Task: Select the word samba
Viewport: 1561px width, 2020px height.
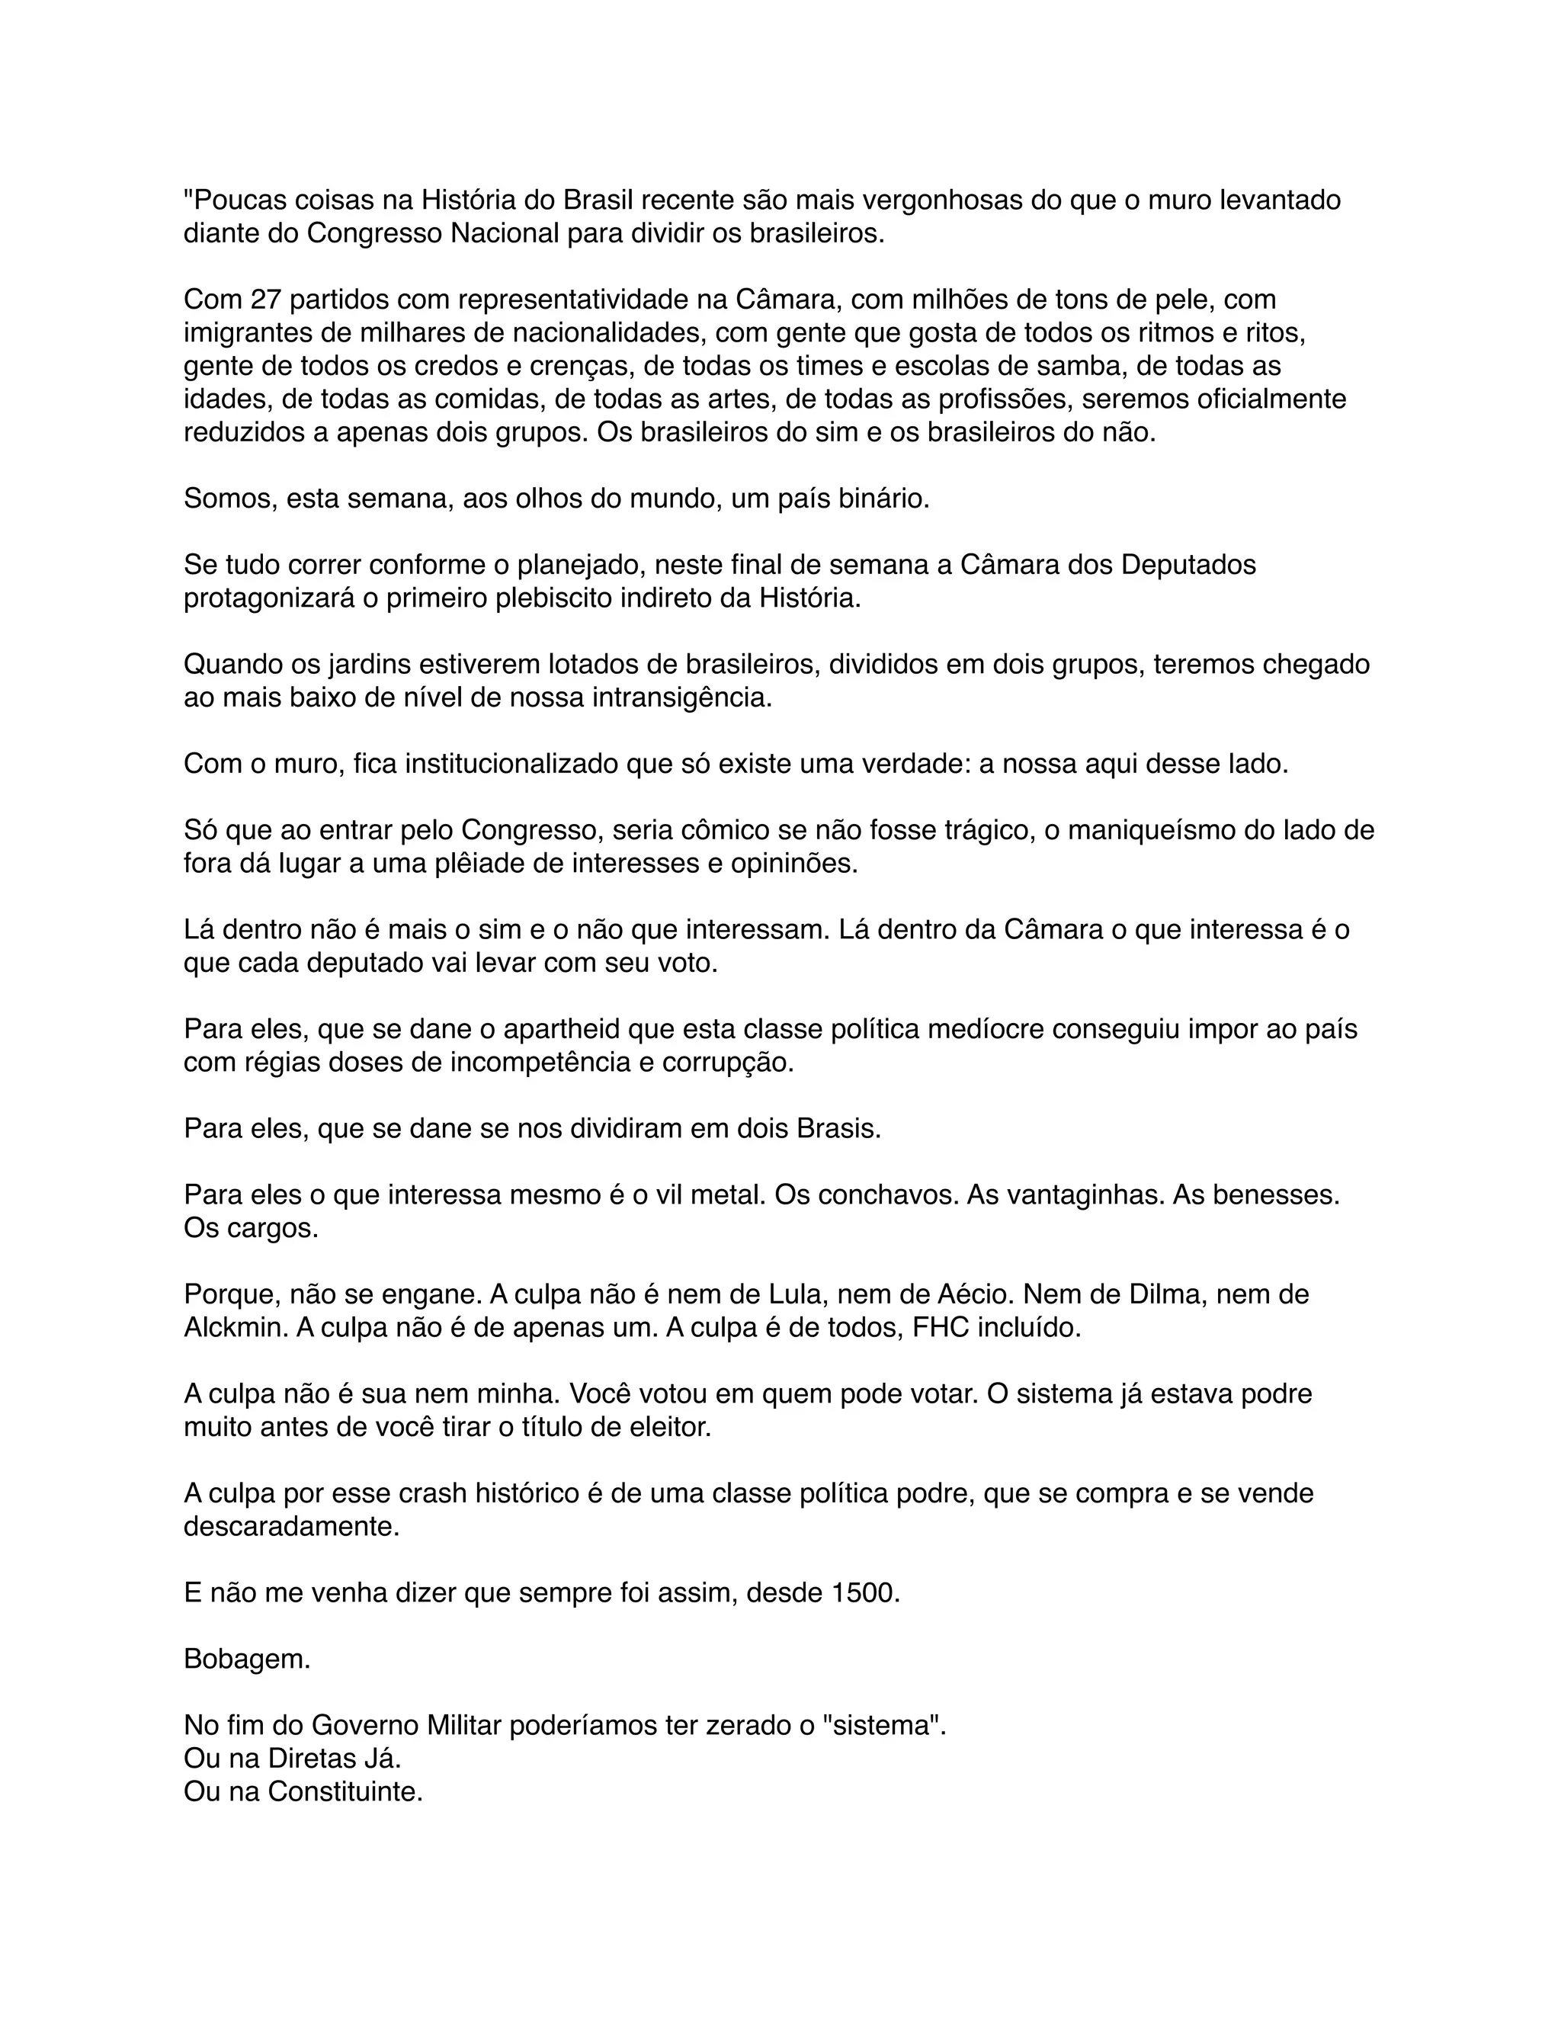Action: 1068,366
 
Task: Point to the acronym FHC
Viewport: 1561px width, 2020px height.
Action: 941,1328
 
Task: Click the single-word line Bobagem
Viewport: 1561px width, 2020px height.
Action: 247,1659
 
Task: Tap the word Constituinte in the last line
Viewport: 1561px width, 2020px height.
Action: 345,1793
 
